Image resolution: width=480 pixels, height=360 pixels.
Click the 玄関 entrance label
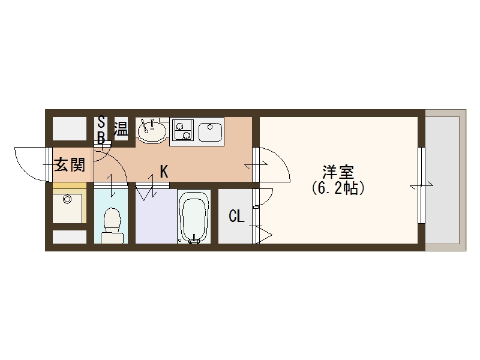70,164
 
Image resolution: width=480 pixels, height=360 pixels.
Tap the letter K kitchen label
163,172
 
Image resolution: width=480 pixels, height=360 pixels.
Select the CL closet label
236,216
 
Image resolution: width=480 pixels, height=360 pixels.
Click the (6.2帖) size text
338,188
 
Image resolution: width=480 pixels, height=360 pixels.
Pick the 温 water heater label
121,129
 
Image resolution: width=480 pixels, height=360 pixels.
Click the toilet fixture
112,224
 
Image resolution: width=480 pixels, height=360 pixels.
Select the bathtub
194,217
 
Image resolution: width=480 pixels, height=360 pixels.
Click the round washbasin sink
152,130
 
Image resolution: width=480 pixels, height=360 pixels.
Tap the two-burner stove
182,130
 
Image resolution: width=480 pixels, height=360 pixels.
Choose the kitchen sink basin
210,130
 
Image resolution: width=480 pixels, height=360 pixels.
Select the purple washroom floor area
155,219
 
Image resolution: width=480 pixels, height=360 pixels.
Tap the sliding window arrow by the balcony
421,187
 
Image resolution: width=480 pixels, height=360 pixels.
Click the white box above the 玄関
69,129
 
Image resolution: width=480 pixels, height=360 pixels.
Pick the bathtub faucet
193,241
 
